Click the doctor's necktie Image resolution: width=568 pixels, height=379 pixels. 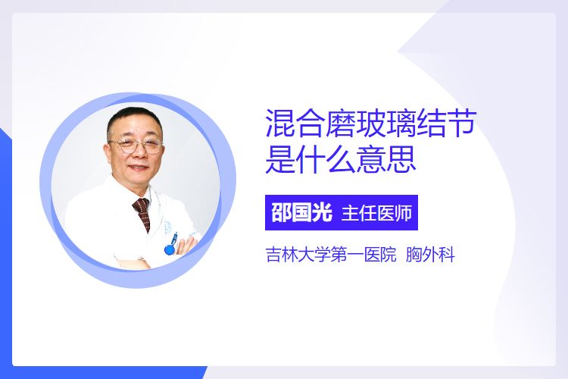[142, 213]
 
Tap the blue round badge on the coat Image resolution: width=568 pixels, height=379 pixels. [170, 249]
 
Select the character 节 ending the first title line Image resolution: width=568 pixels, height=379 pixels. [460, 123]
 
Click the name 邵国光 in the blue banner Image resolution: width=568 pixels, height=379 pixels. [301, 212]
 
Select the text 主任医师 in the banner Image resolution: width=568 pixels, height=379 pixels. [376, 213]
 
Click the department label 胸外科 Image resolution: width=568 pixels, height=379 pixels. [430, 255]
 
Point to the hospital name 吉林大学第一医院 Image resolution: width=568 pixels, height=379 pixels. [331, 255]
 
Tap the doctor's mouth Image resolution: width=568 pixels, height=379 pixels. [139, 168]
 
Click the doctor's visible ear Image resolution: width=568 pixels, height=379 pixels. [108, 151]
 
